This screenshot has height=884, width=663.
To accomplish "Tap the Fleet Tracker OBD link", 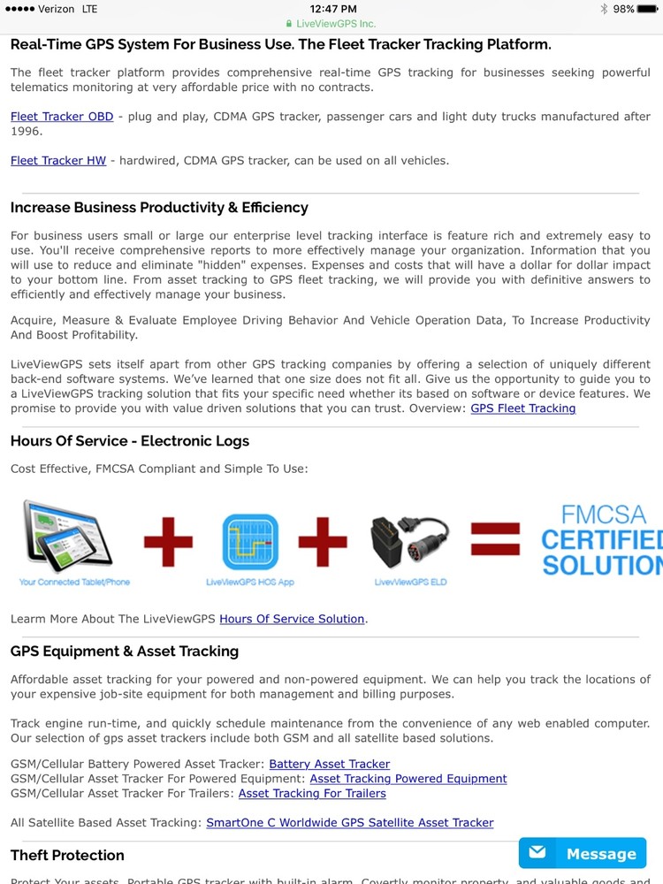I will (x=62, y=117).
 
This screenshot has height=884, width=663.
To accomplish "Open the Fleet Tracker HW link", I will (x=58, y=160).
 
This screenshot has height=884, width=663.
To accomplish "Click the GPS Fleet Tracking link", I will (x=522, y=408).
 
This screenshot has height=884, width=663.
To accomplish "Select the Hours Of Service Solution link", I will (x=292, y=619).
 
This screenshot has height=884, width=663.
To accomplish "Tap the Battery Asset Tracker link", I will (x=329, y=764).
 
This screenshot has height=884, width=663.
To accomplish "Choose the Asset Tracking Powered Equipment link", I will (x=408, y=779).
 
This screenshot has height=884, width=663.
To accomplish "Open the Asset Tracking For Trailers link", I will (x=312, y=793).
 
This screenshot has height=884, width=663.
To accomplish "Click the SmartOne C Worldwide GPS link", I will (x=349, y=822).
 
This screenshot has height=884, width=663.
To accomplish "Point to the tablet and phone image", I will (x=66, y=535).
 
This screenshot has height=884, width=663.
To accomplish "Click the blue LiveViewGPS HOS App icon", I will (x=250, y=541).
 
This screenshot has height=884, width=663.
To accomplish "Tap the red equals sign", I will (x=494, y=539).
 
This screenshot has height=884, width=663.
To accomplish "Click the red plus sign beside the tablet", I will (x=168, y=540).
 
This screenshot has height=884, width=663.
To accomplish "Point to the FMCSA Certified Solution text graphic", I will (x=601, y=539).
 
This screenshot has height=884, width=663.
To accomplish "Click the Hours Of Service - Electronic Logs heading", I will (x=130, y=441).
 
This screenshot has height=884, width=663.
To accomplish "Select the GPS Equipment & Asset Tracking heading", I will (x=125, y=652).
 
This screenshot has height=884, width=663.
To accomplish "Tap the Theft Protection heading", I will (x=67, y=855).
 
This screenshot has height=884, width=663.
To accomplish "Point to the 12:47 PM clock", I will (x=333, y=9).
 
